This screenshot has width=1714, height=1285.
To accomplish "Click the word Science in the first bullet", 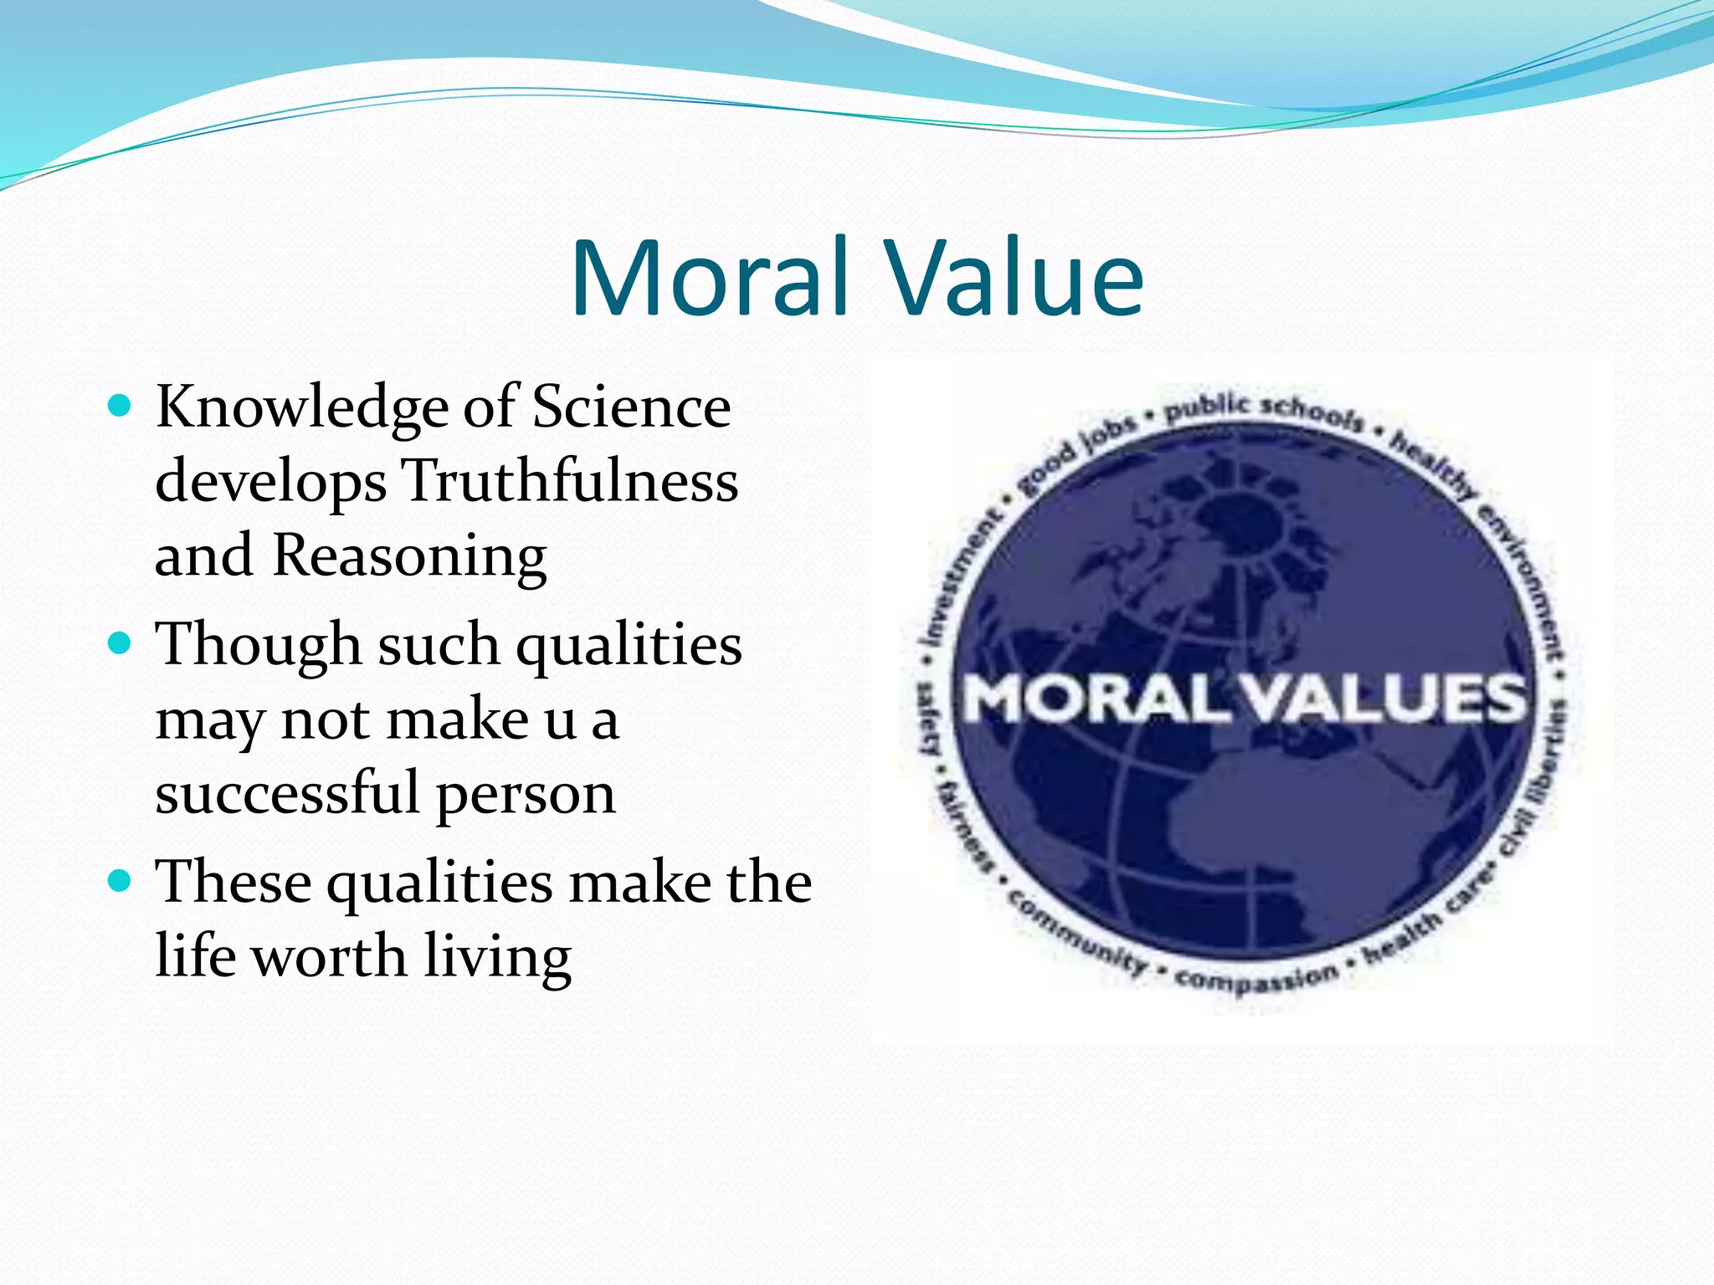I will (631, 407).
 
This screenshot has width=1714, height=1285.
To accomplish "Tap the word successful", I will (286, 792).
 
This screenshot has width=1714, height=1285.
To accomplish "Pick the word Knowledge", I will (302, 408).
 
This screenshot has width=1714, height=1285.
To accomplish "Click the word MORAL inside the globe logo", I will (1096, 699).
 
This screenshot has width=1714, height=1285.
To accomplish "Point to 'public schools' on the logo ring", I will (1264, 409).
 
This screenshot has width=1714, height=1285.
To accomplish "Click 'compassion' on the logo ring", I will (1255, 979).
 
